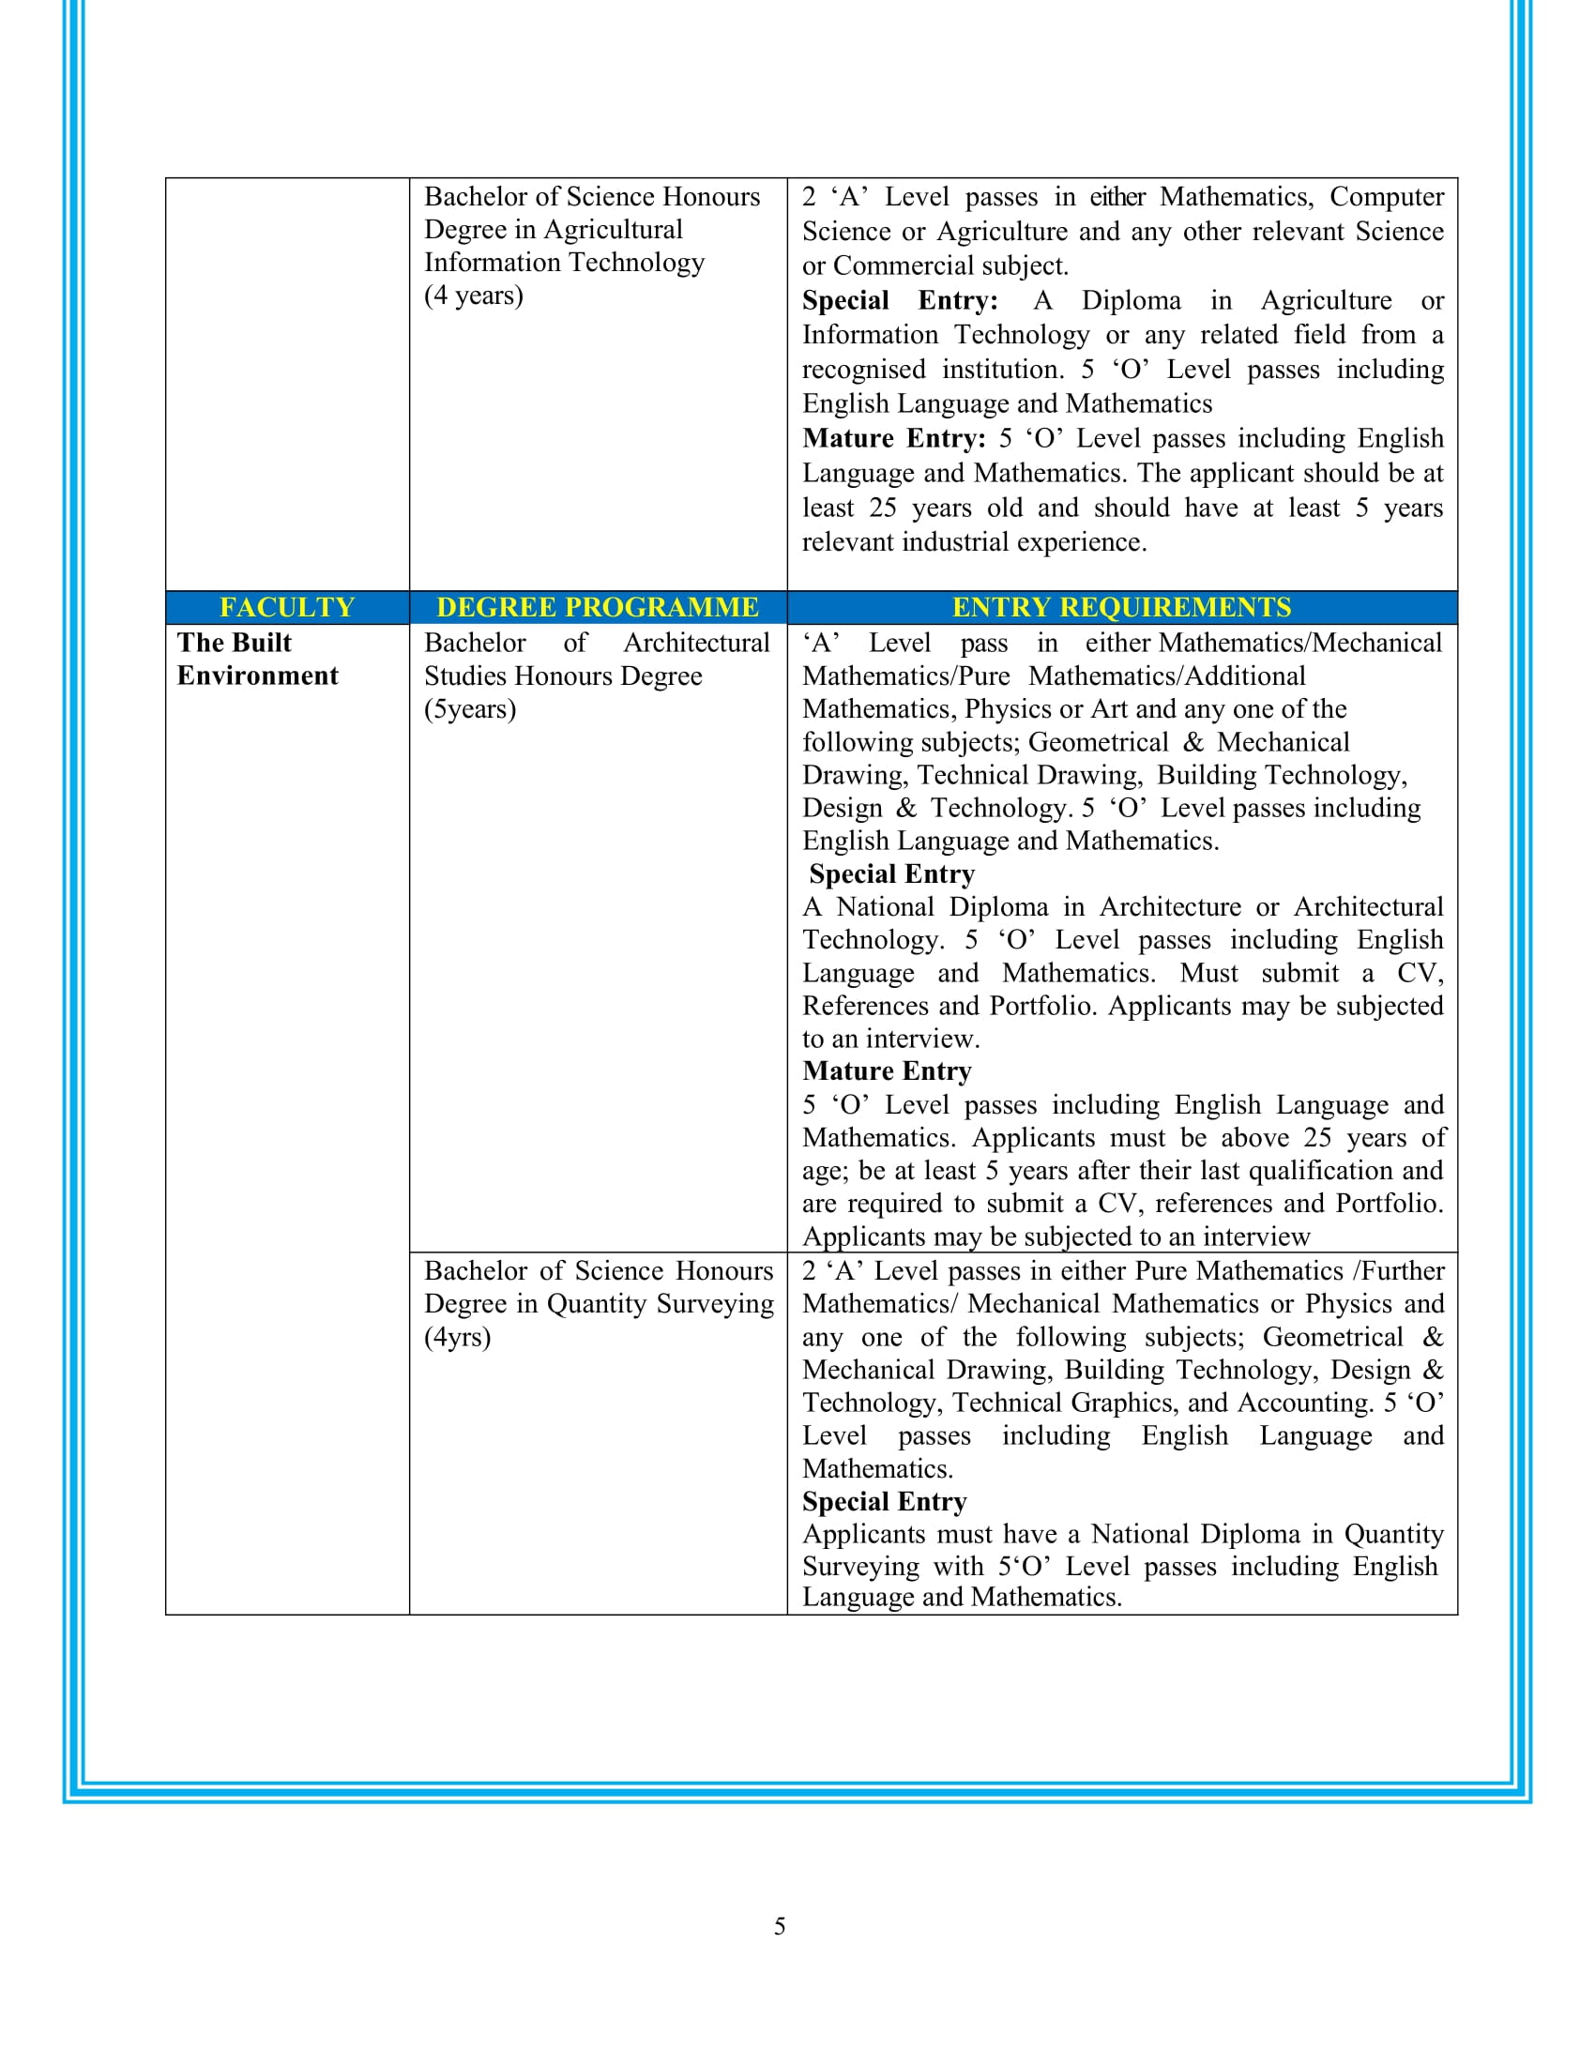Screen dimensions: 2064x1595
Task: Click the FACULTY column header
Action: pos(286,607)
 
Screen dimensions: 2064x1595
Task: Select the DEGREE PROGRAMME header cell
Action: pos(597,607)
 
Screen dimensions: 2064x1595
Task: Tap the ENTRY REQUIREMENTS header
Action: pos(1121,607)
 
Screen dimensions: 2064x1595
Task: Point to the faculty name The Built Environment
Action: pos(257,659)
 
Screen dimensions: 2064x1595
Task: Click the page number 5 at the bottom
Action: pos(780,1926)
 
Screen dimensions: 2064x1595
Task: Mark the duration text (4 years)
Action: pos(474,296)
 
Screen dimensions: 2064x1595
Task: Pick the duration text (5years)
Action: pos(470,708)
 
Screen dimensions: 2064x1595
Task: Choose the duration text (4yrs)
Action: pos(457,1337)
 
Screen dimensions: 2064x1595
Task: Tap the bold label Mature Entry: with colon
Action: pos(894,438)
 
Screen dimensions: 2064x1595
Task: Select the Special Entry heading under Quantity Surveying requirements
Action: pos(885,1502)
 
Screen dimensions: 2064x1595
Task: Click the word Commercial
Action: pos(908,266)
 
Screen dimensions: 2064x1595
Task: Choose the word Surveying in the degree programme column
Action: pos(714,1304)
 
